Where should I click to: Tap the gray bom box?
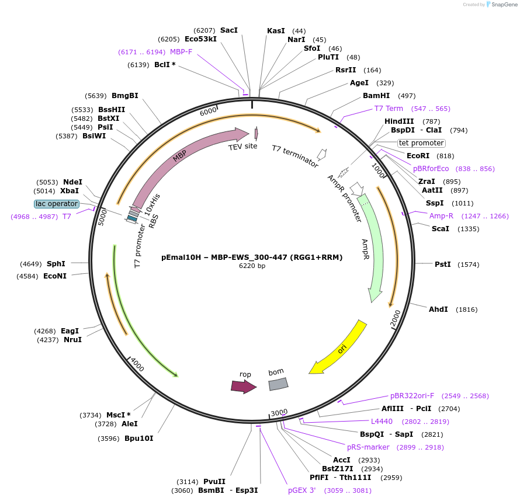(278, 384)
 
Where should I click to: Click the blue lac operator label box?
(57, 204)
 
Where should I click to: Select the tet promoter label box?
(421, 143)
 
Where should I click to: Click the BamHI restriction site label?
(376, 96)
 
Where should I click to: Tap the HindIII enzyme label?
(399, 121)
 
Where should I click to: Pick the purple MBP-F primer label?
(181, 52)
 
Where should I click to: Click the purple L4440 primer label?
(382, 422)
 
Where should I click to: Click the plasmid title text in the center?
(252, 257)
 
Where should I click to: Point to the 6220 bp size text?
(252, 266)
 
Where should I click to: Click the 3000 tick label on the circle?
(279, 413)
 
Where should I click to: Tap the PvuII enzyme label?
(214, 482)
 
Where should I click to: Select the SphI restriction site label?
(56, 264)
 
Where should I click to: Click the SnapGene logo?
(500, 5)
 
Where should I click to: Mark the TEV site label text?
(242, 147)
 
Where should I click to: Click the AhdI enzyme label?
(438, 309)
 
